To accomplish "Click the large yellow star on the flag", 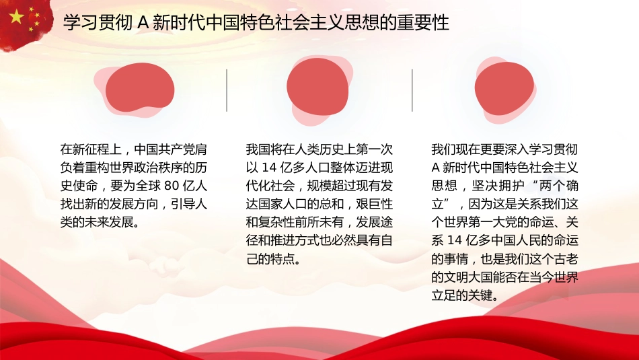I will (x=16, y=15).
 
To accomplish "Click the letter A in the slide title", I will (x=143, y=24).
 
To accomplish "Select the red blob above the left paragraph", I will (x=140, y=89).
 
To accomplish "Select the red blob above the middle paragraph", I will (x=318, y=87).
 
